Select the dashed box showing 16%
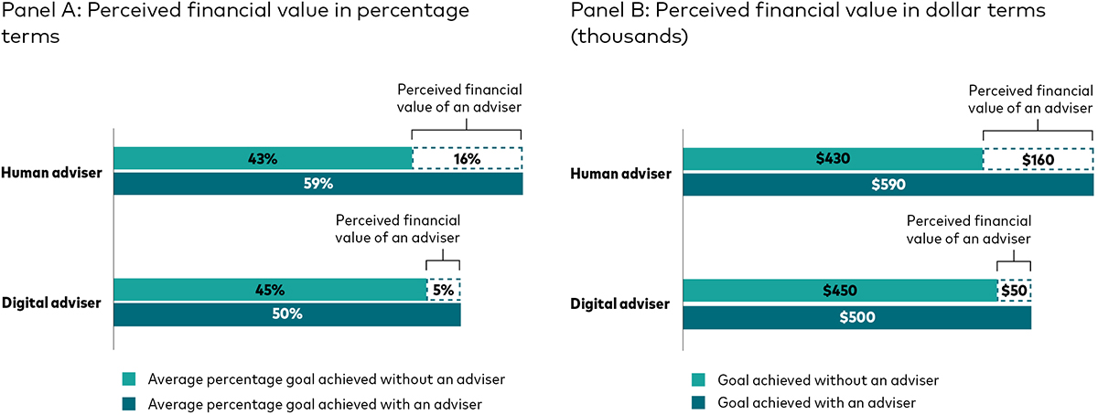click(468, 159)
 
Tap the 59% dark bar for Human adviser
click(318, 183)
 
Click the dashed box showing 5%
click(444, 290)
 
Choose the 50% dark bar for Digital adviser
click(286, 314)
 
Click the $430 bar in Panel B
click(833, 159)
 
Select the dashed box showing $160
click(1038, 159)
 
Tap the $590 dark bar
click(888, 183)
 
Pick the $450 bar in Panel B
click(839, 290)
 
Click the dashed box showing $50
click(1014, 290)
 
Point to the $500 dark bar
click(856, 317)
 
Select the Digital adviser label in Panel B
click(619, 303)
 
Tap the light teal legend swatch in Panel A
click(129, 378)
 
